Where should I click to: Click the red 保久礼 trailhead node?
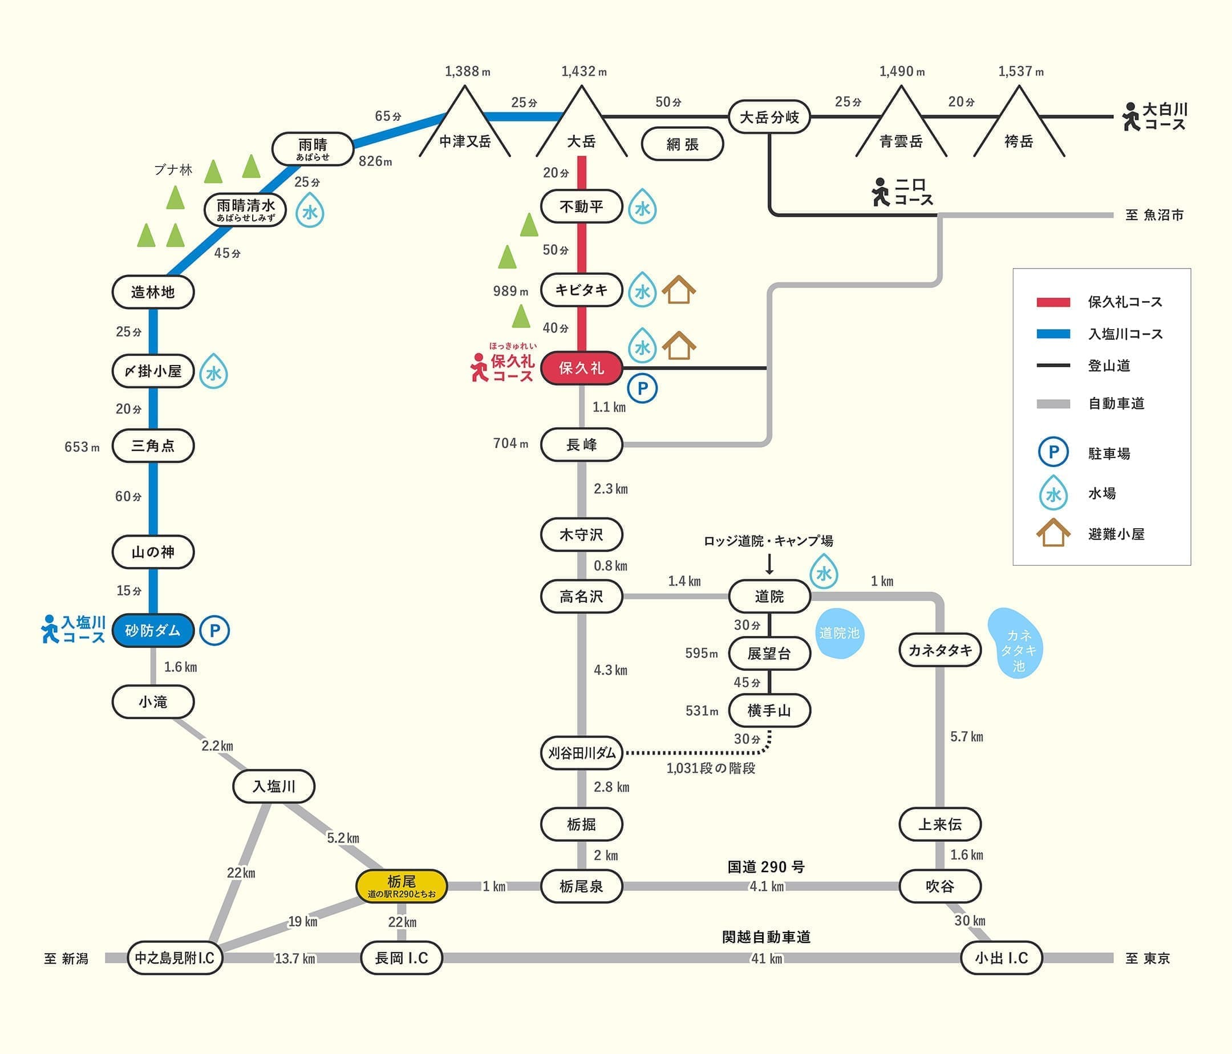point(581,368)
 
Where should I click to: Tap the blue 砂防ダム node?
point(153,630)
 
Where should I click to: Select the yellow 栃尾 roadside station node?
point(402,886)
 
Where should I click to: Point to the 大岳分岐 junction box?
point(769,117)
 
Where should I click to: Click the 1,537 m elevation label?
point(1020,71)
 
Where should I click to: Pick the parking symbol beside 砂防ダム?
point(214,630)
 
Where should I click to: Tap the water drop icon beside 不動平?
point(642,208)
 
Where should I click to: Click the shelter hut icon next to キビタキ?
point(678,290)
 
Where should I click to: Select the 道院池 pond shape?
point(839,634)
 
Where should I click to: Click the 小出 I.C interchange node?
point(1002,958)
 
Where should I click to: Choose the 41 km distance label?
point(767,958)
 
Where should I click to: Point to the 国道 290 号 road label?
point(766,867)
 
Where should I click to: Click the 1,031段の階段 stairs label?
point(711,768)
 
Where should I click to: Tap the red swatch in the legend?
point(1053,302)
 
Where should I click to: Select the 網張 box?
point(682,144)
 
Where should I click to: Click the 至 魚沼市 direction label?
point(1154,215)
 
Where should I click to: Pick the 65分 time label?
point(388,116)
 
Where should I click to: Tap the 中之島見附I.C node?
point(175,958)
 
